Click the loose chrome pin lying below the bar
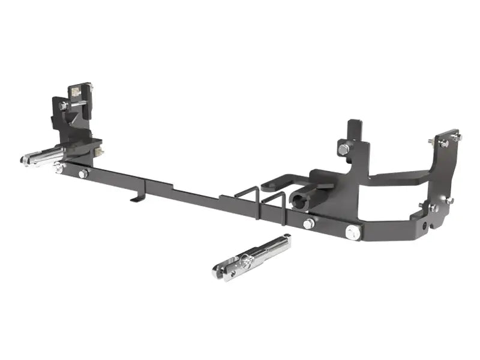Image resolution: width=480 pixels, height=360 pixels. [252, 257]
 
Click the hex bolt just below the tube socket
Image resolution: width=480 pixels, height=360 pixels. [309, 224]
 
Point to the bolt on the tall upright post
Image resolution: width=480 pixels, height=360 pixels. [343, 148]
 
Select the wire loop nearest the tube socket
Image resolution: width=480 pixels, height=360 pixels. [273, 202]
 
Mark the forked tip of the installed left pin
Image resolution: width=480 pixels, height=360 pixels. [26, 160]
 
